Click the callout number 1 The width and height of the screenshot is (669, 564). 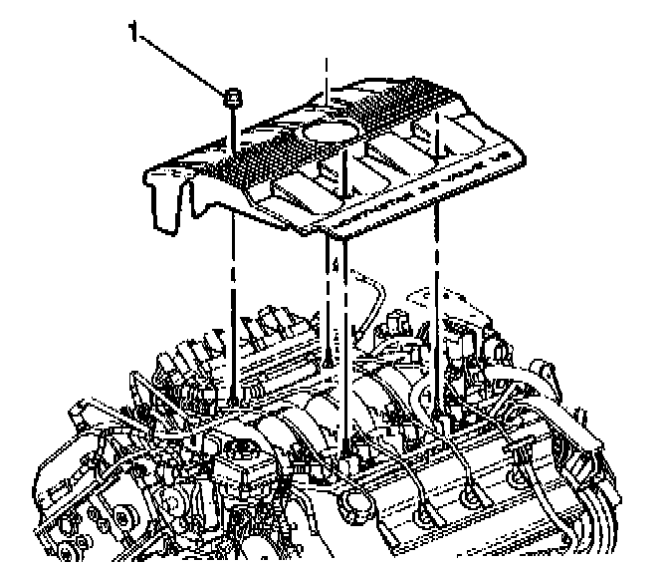click(x=132, y=33)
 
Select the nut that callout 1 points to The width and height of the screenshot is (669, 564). click(x=231, y=97)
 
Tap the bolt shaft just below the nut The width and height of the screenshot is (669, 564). click(x=231, y=125)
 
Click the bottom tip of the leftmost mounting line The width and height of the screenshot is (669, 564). click(x=232, y=398)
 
